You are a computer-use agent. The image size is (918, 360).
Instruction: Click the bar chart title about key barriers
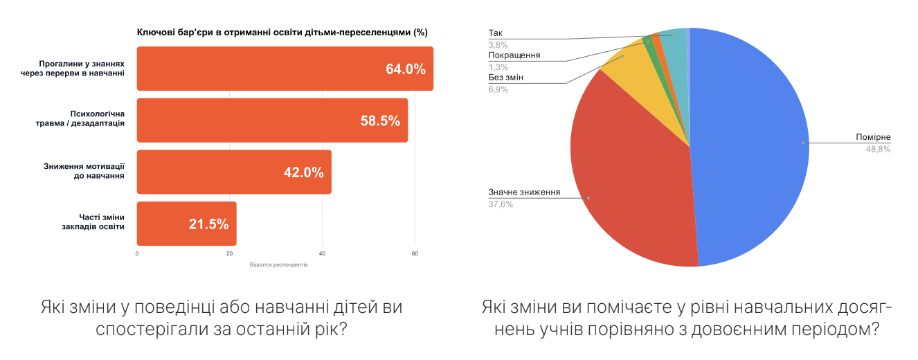click(282, 33)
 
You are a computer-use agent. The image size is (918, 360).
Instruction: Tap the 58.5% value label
click(380, 120)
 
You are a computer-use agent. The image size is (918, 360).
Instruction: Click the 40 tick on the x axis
click(322, 254)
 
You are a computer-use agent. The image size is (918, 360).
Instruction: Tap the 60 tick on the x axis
click(415, 254)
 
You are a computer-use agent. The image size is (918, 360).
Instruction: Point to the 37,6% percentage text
click(501, 204)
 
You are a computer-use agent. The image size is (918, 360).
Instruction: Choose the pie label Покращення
click(514, 55)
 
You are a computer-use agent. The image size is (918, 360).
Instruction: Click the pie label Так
click(495, 33)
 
